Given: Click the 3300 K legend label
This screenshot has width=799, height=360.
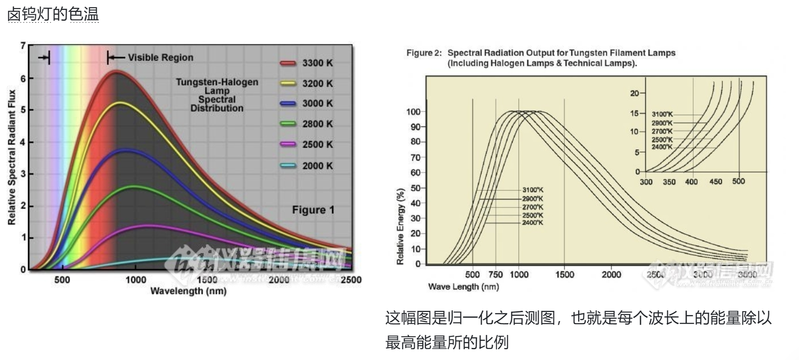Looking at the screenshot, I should coord(317,63).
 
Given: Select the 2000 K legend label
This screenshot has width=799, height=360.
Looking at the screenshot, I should coord(317,166).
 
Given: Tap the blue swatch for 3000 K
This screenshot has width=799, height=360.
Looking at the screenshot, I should coord(288,104).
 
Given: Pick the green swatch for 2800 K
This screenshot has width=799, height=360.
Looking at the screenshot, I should coord(288,124).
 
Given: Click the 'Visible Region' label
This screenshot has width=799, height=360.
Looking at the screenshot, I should coord(160,57).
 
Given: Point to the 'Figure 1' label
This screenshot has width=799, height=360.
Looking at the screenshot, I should coord(313,210).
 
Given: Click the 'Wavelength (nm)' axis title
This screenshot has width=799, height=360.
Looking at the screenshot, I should coord(188,291).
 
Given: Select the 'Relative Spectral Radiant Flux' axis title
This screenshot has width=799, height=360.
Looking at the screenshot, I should coord(12,157).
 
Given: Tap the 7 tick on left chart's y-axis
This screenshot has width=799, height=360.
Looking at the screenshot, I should coord(23,45).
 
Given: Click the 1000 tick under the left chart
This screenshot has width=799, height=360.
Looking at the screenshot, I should coord(136,280).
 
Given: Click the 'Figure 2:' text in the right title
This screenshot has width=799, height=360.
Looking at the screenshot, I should coord(424,53).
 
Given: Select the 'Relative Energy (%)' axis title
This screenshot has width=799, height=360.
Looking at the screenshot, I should coord(400,226).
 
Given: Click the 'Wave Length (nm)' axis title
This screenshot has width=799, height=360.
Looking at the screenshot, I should coord(463,287).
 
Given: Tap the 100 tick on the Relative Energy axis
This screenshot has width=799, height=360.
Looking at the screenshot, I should coord(413,112).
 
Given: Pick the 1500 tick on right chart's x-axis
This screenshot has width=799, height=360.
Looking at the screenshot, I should coord(564,275).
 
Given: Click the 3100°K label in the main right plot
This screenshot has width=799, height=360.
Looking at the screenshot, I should coord(533,190).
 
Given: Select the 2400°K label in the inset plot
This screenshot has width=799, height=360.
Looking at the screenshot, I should coord(662,147).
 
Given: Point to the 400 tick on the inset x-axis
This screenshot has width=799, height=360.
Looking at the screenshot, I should coord(691,182).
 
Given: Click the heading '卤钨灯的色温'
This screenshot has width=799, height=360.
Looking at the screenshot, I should coord(53,14).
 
